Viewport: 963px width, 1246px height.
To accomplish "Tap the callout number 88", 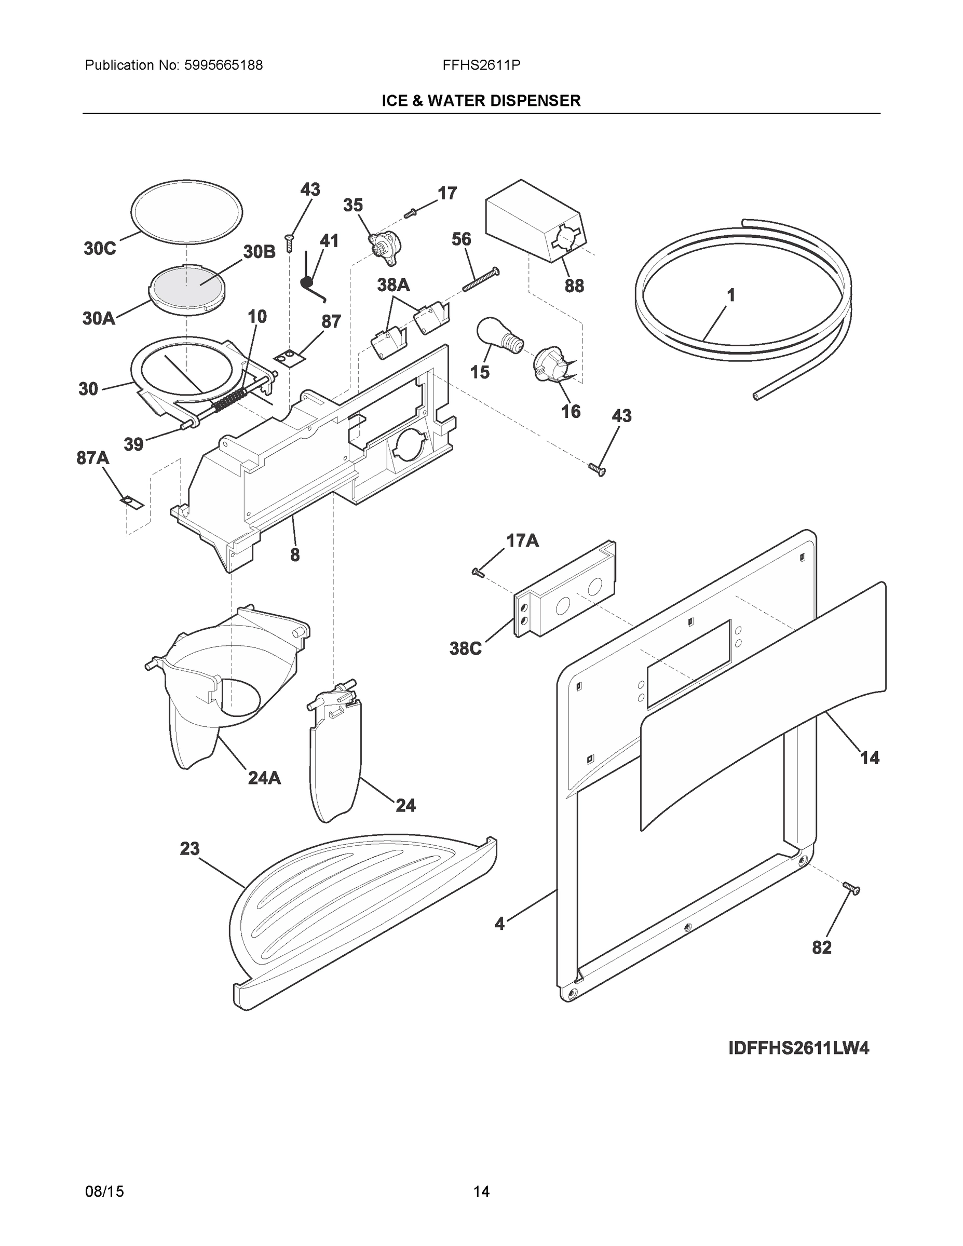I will tap(574, 286).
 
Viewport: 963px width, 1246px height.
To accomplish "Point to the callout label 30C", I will tap(99, 249).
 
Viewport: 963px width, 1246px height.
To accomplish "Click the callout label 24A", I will tap(264, 778).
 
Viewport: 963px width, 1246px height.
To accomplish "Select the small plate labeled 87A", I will tap(132, 502).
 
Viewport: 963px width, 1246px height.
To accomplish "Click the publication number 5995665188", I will tap(223, 65).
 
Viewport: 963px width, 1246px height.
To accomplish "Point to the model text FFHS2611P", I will tap(481, 65).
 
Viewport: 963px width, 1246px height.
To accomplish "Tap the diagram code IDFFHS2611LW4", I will tap(798, 1049).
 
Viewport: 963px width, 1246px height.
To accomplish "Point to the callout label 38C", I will tap(465, 648).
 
